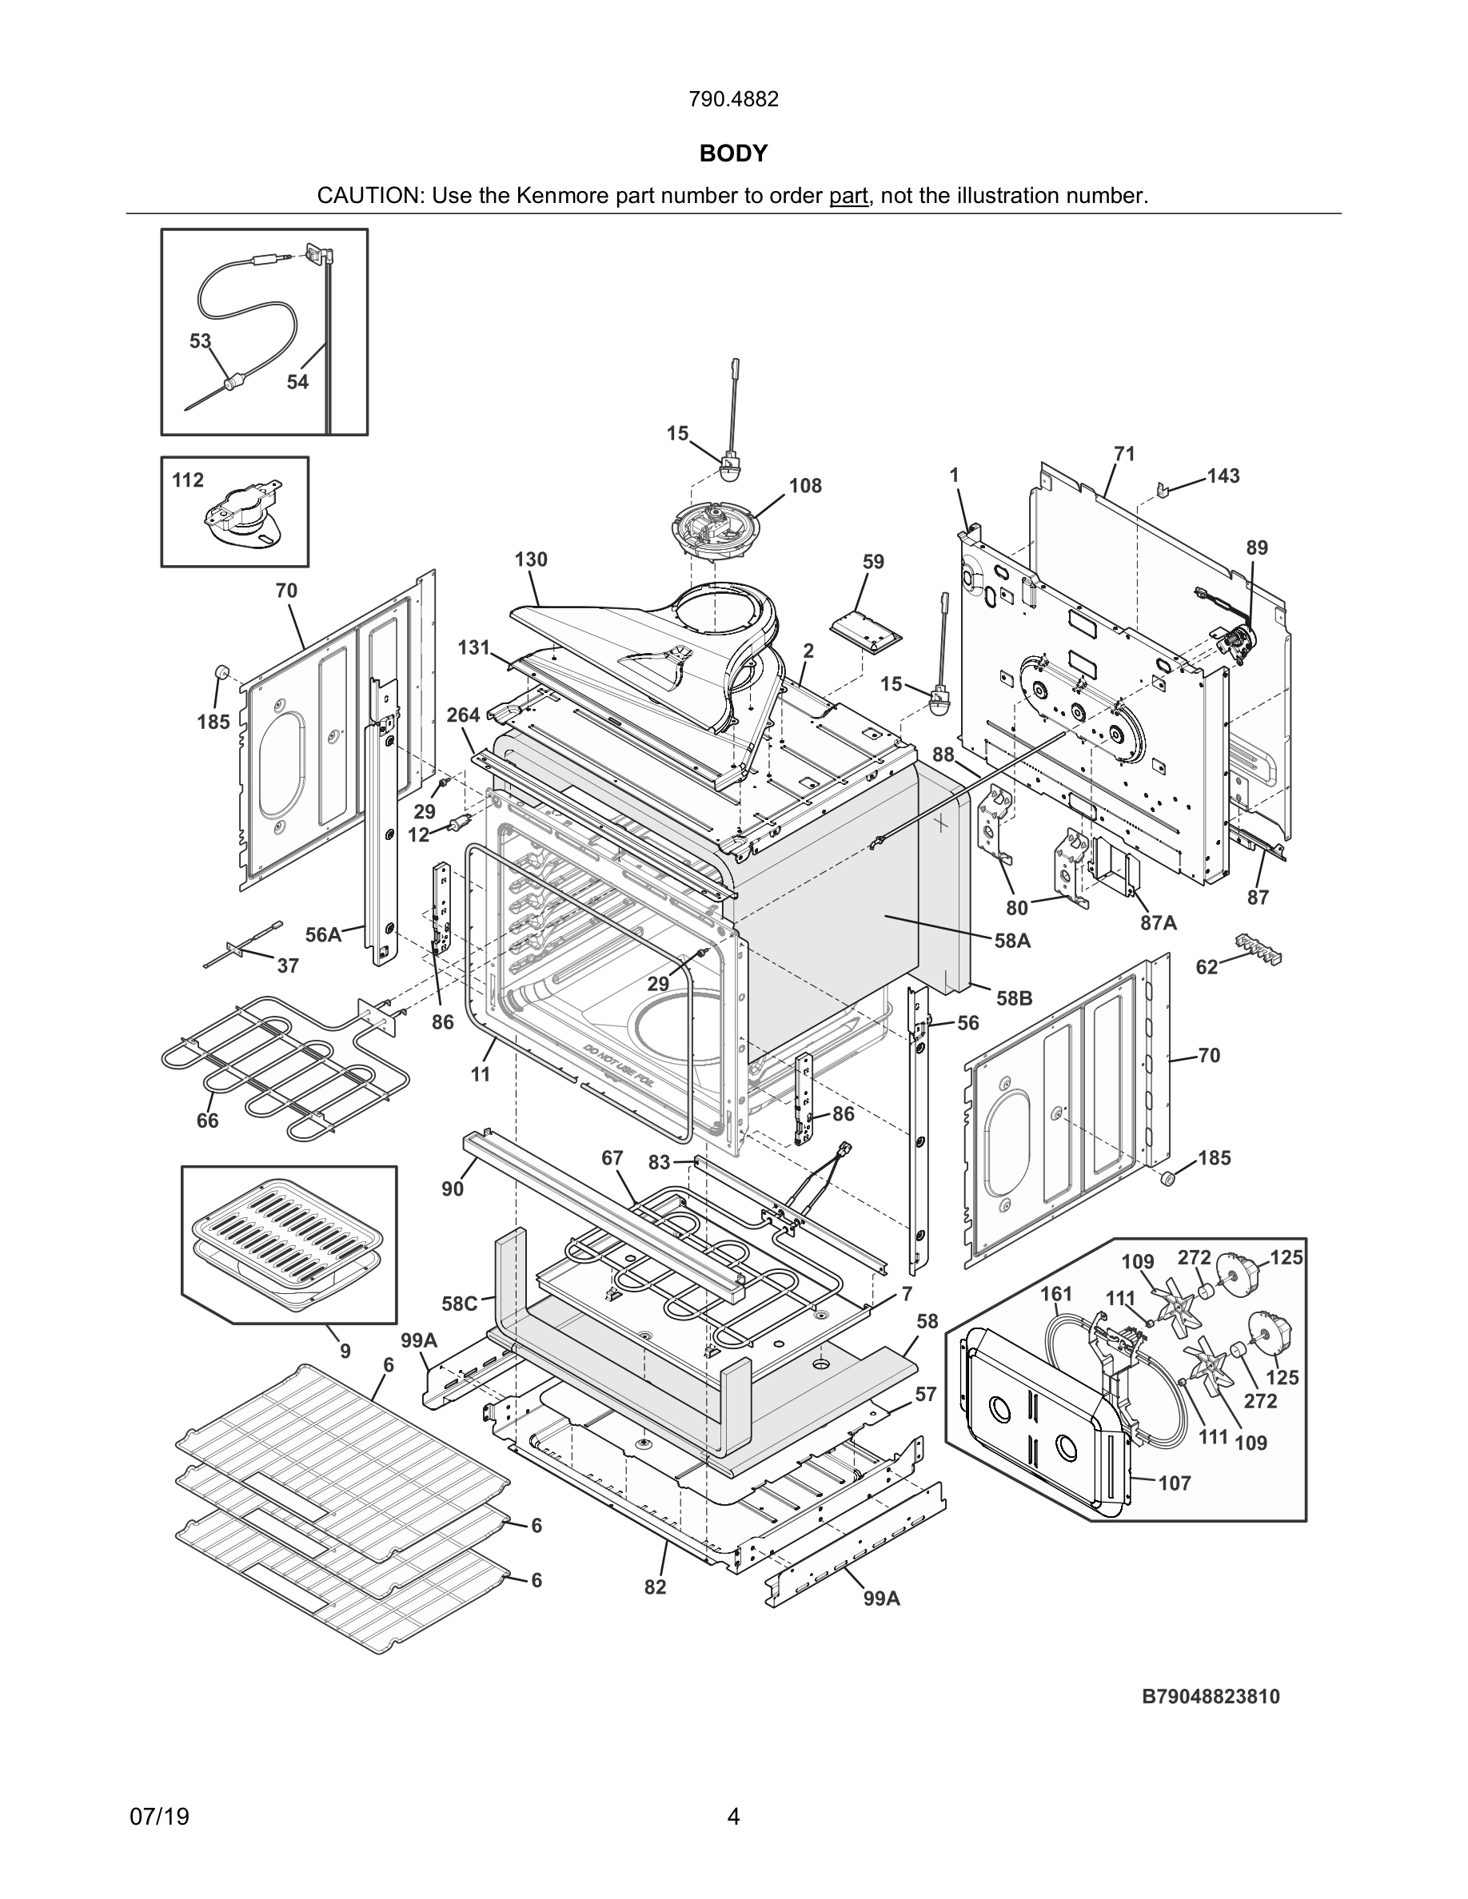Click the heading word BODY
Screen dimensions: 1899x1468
click(x=733, y=154)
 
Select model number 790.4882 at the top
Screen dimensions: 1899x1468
click(x=733, y=99)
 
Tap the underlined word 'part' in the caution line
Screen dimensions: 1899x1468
click(x=848, y=196)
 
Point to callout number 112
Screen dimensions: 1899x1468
click(x=188, y=480)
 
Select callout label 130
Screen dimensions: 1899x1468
click(x=530, y=559)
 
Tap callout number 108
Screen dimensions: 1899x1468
click(x=805, y=486)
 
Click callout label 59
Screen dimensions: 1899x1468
click(x=873, y=562)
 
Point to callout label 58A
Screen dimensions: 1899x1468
click(x=1012, y=940)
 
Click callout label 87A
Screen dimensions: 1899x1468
click(x=1159, y=922)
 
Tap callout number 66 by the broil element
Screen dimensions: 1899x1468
click(x=207, y=1121)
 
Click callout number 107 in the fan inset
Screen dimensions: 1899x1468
click(x=1174, y=1483)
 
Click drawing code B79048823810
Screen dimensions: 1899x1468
click(x=1211, y=1697)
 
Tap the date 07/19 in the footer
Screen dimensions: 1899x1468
click(x=159, y=1817)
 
